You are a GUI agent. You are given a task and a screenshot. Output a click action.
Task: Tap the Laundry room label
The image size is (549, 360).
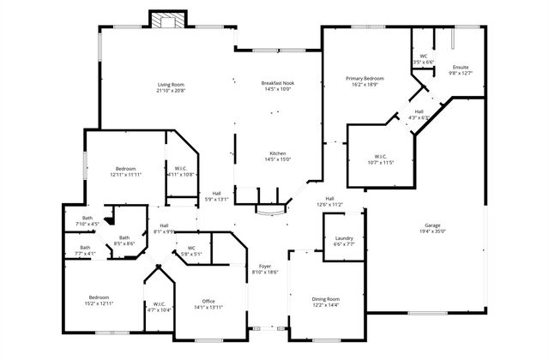[x=344, y=241]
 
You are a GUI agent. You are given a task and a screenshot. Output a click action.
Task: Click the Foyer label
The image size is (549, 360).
[x=265, y=268]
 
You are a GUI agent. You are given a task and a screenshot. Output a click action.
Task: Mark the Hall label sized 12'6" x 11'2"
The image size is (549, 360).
[x=329, y=201]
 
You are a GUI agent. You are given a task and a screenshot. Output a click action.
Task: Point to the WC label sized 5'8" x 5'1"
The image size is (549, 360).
[x=191, y=250]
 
